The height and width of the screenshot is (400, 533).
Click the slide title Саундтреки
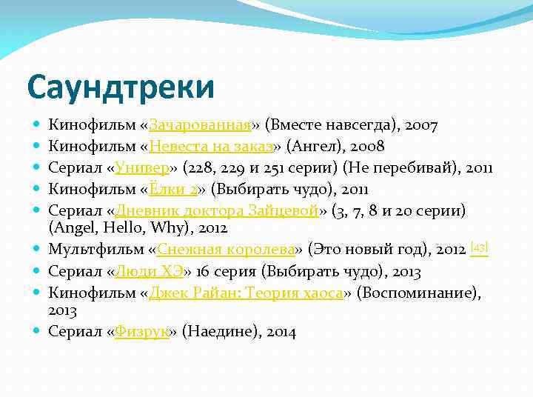click(120, 87)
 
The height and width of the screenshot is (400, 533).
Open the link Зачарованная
click(200, 126)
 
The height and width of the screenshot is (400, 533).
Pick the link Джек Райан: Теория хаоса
click(245, 293)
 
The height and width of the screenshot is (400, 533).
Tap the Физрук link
click(142, 333)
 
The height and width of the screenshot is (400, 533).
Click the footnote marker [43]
click(479, 247)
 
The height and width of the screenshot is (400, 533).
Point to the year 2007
click(421, 126)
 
